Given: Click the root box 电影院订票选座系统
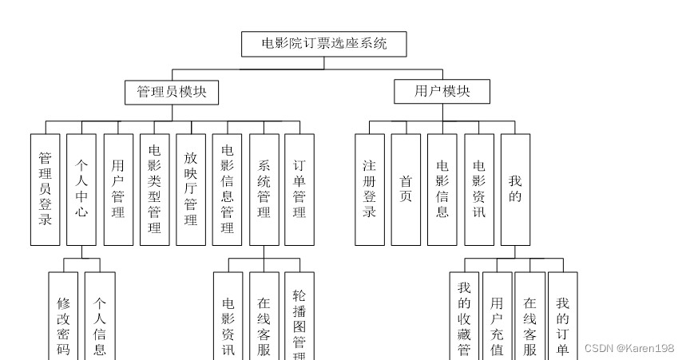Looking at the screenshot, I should click(324, 44).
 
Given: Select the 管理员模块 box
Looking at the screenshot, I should click(172, 92).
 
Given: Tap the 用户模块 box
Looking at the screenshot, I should click(442, 92).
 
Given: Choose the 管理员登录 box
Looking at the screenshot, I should click(46, 188).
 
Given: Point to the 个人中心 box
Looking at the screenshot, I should click(81, 188).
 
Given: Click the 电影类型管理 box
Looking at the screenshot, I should click(154, 188).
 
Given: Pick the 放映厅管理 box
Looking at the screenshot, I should click(191, 188).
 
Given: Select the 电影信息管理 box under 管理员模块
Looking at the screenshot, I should click(228, 188).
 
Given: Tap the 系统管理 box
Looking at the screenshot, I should click(264, 188).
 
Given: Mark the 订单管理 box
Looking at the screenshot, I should click(299, 188).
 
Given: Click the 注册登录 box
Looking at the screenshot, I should click(369, 188).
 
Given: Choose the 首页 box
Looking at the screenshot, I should click(406, 188).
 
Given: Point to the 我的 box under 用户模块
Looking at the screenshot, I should click(515, 188).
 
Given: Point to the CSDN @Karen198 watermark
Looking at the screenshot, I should click(629, 348).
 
